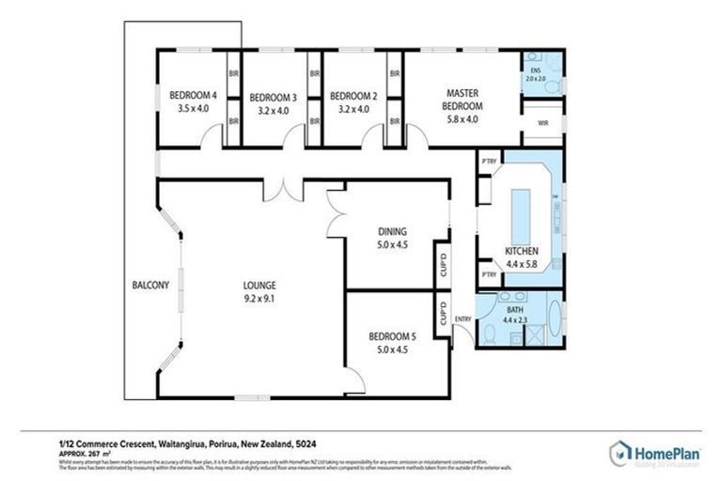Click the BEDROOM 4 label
pyautogui.click(x=193, y=95)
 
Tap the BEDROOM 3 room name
pyautogui.click(x=273, y=97)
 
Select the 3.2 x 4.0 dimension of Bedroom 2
pyautogui.click(x=353, y=109)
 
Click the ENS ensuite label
pyautogui.click(x=535, y=71)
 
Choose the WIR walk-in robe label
pyautogui.click(x=541, y=122)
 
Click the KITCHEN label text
pyautogui.click(x=521, y=252)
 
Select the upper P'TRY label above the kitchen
pyautogui.click(x=488, y=161)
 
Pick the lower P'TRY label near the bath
pyautogui.click(x=488, y=274)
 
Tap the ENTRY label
pyautogui.click(x=463, y=319)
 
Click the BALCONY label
pyautogui.click(x=150, y=286)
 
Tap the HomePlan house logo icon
pyautogui.click(x=621, y=453)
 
